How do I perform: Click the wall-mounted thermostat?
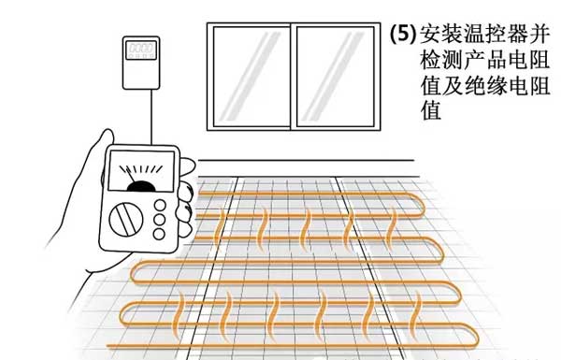141,63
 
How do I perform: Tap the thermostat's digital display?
141,48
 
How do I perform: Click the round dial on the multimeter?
126,220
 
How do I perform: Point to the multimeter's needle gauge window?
141,171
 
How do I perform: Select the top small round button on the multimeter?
160,206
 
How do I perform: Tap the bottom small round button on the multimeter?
159,234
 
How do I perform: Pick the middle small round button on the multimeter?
159,220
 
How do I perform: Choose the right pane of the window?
336,77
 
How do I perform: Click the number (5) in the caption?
403,35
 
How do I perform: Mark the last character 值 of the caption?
430,111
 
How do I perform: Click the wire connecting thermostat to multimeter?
151,117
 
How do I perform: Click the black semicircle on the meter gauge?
141,186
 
